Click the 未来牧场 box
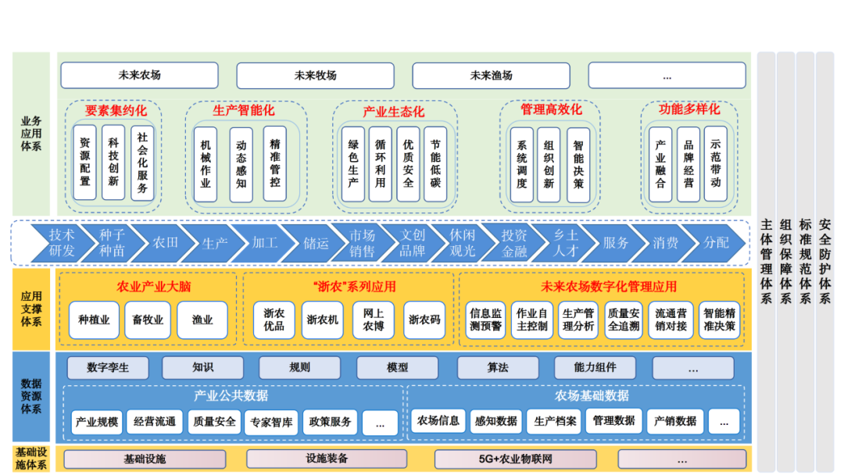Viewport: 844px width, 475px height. tap(316, 76)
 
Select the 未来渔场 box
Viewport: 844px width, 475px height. tap(492, 76)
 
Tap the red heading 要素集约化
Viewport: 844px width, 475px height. tap(116, 110)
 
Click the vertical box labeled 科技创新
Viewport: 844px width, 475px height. tap(113, 163)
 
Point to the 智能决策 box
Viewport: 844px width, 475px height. tap(578, 165)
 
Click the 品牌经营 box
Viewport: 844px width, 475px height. tap(688, 165)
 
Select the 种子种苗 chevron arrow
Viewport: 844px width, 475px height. tap(112, 243)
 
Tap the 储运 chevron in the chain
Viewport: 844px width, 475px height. tap(316, 243)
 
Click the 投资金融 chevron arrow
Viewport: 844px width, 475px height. tap(514, 243)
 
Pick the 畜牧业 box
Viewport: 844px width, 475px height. tap(148, 320)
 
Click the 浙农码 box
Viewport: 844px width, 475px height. tap(424, 320)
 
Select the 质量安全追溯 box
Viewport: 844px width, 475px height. tap(624, 320)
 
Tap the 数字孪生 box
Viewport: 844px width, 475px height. tap(108, 367)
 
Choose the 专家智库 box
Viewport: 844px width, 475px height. tap(272, 422)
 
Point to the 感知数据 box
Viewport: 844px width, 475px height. tap(495, 421)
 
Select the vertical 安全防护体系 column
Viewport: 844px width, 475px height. tap(824, 262)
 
